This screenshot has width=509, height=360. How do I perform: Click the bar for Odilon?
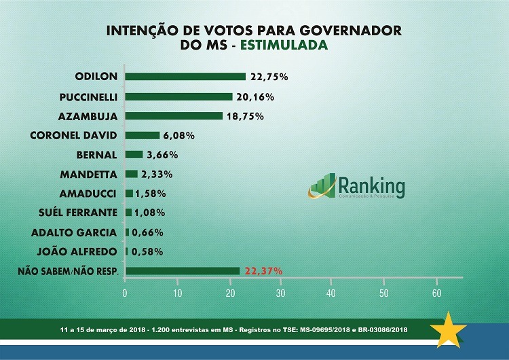point(185,77)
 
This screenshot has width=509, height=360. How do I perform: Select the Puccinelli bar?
point(179,96)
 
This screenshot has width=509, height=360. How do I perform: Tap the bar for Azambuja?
point(174,116)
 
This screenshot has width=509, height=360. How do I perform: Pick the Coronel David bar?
point(143,135)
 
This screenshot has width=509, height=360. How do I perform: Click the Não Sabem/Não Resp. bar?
point(183,271)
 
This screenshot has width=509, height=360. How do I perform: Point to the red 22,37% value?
point(263,271)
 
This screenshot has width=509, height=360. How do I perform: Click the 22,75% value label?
point(269,77)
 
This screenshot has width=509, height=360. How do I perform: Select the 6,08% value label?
point(178,135)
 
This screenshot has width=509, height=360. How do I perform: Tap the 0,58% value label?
point(146,251)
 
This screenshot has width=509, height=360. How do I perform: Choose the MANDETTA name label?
point(89,174)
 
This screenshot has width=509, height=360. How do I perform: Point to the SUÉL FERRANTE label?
point(83,213)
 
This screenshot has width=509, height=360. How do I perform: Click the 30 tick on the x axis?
point(280,293)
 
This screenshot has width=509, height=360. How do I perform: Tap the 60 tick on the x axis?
point(436,293)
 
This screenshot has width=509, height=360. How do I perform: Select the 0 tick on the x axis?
point(125,293)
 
